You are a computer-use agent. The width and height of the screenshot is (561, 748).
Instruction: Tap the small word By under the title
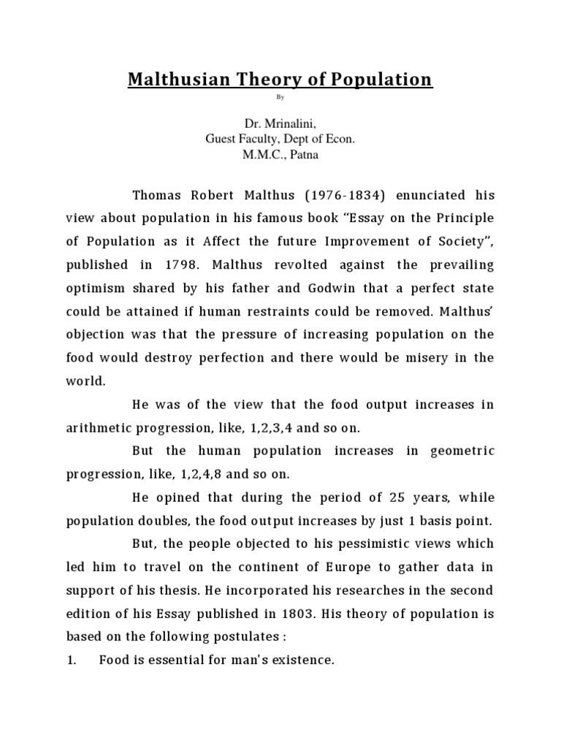click(x=280, y=96)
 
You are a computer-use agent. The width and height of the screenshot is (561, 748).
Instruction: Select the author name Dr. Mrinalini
click(x=280, y=125)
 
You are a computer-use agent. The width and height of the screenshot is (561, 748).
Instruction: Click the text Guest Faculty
click(x=242, y=140)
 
